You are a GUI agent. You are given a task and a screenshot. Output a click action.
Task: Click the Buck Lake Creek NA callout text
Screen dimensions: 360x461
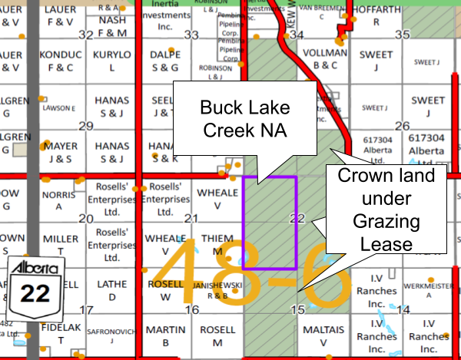click(x=244, y=117)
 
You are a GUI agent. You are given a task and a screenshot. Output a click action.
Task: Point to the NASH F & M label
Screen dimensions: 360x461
click(x=111, y=27)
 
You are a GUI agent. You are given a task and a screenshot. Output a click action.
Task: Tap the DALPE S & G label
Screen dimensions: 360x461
click(x=166, y=61)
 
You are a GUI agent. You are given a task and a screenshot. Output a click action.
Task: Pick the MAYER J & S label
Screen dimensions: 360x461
click(x=60, y=152)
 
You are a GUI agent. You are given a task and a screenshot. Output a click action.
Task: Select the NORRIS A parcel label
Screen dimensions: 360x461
click(x=61, y=201)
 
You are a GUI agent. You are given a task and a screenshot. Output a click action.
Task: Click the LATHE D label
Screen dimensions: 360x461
click(x=112, y=290)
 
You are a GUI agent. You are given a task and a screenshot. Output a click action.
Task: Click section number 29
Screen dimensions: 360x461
click(x=86, y=126)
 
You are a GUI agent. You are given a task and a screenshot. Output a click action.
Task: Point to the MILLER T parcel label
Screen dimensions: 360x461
click(x=61, y=245)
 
